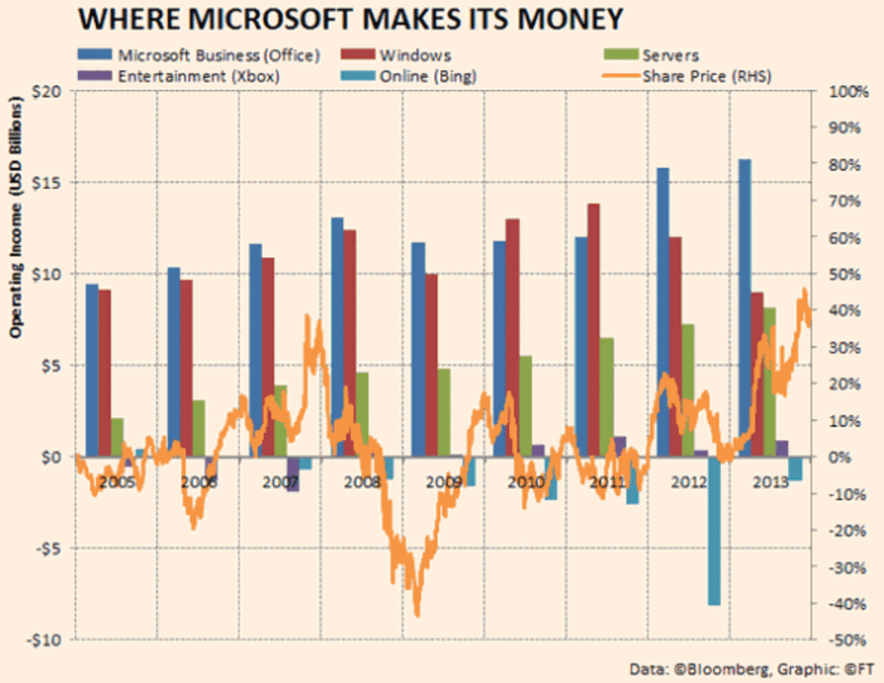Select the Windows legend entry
(x=415, y=55)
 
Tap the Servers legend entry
(x=670, y=55)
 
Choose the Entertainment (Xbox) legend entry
(x=198, y=76)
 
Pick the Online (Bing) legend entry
(x=427, y=76)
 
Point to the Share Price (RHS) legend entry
(x=707, y=76)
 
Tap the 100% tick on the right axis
(x=848, y=92)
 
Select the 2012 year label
(x=689, y=482)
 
